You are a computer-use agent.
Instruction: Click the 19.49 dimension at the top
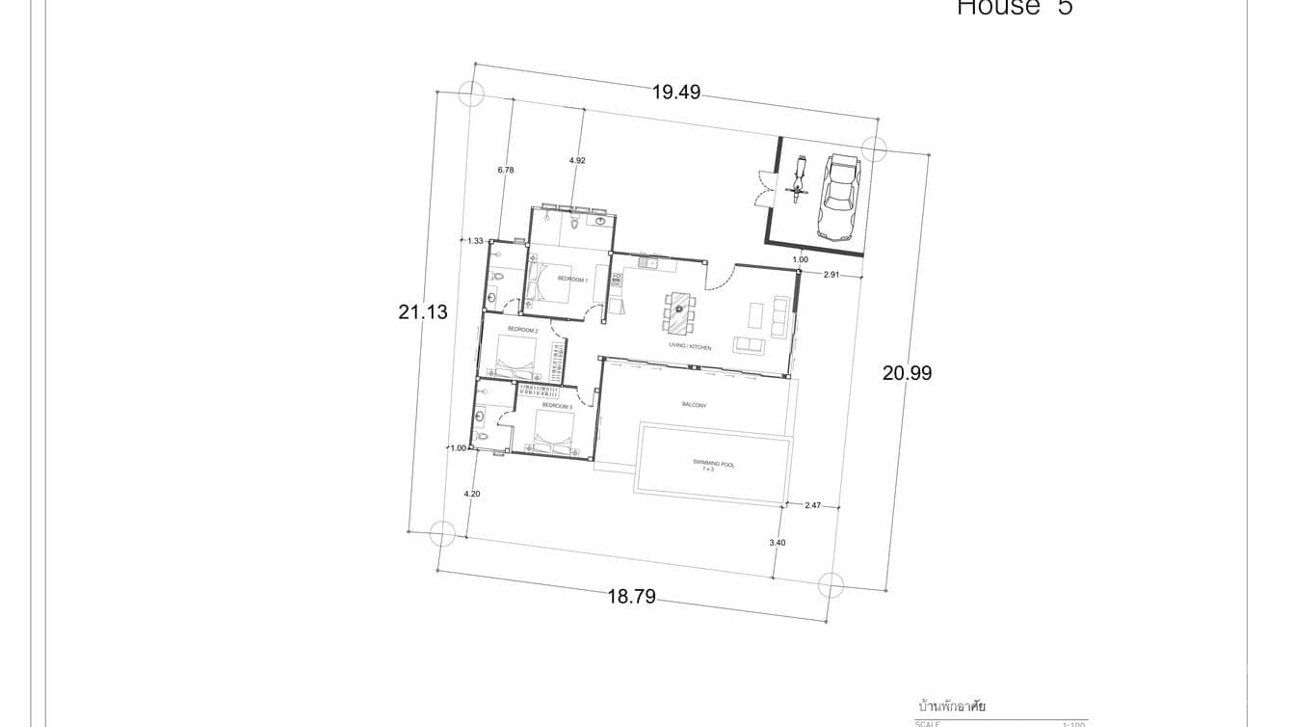[x=675, y=93]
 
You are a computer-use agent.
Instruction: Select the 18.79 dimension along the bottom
[x=631, y=597]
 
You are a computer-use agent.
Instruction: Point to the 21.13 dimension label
[x=423, y=312]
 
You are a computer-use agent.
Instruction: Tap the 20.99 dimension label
[x=907, y=373]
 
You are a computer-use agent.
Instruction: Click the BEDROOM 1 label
[x=572, y=280]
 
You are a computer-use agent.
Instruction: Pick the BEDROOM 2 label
[x=522, y=330]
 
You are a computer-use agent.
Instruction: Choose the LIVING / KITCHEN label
[x=690, y=346]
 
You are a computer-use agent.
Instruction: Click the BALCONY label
[x=694, y=405]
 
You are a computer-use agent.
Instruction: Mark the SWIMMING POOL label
[x=713, y=465]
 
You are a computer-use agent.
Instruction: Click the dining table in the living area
[x=680, y=310]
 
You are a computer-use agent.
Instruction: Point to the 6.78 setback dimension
[x=506, y=170]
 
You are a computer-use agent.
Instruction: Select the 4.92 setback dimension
[x=577, y=160]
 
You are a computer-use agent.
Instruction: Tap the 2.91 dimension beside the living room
[x=831, y=275]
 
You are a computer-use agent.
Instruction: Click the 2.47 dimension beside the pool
[x=812, y=504]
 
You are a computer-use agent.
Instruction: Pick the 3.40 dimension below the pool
[x=777, y=543]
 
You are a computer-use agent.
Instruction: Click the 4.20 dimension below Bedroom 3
[x=471, y=494]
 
